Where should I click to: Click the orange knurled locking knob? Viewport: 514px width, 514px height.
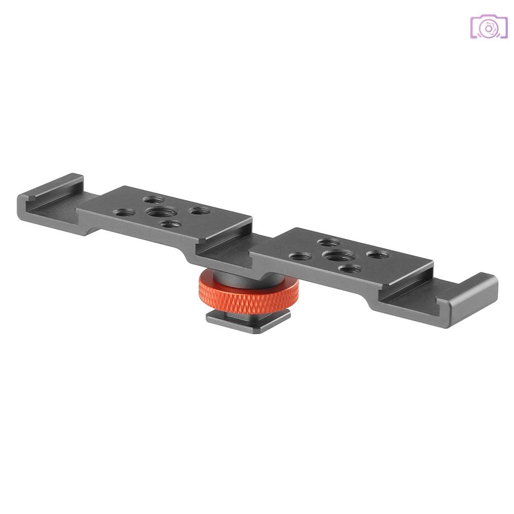click(x=247, y=291)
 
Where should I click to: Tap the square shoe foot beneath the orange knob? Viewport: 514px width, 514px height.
click(x=248, y=317)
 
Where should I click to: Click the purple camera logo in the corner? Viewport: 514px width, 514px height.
click(x=489, y=27)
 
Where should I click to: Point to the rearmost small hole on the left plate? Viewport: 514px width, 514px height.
click(x=154, y=199)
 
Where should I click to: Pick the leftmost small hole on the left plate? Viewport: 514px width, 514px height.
click(x=126, y=211)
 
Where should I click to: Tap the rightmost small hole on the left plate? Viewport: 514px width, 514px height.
click(x=198, y=211)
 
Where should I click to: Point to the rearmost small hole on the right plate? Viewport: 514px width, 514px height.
click(x=328, y=242)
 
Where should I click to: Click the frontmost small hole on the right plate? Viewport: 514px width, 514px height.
click(x=350, y=268)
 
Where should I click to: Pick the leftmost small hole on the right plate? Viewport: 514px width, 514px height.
click(x=301, y=255)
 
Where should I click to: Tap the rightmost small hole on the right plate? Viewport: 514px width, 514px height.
click(x=378, y=254)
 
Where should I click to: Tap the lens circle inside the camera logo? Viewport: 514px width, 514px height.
click(x=489, y=29)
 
